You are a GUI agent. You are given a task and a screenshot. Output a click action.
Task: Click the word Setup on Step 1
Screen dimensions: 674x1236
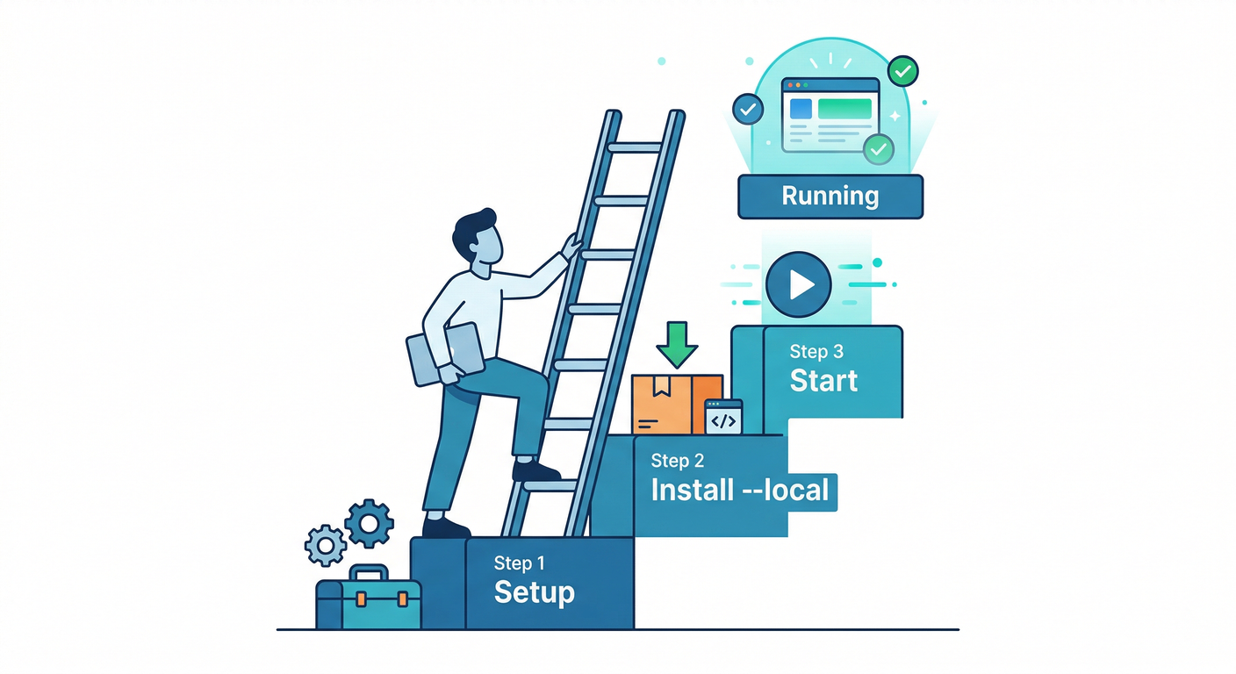[534, 592]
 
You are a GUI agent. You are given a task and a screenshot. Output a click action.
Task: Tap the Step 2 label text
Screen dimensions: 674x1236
[678, 461]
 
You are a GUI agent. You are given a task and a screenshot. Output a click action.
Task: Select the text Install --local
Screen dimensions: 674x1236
[739, 490]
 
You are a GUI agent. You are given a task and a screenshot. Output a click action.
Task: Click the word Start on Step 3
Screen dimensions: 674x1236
[823, 381]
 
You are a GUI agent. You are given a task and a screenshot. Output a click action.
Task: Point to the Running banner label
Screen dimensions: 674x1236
[830, 195]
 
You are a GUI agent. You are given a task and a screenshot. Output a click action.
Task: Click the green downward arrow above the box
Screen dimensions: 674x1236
[677, 344]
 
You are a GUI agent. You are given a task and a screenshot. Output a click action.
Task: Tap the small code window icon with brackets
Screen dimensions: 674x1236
[723, 418]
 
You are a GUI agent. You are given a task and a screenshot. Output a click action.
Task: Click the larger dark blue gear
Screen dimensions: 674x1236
[369, 524]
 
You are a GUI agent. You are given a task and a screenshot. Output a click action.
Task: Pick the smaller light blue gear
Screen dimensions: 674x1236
[326, 545]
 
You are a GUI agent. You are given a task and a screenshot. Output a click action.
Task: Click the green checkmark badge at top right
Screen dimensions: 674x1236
[902, 70]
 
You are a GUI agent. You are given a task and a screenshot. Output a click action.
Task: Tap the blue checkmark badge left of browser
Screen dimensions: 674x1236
[747, 110]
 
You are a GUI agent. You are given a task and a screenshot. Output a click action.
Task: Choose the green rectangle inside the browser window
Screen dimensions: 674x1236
[844, 109]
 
